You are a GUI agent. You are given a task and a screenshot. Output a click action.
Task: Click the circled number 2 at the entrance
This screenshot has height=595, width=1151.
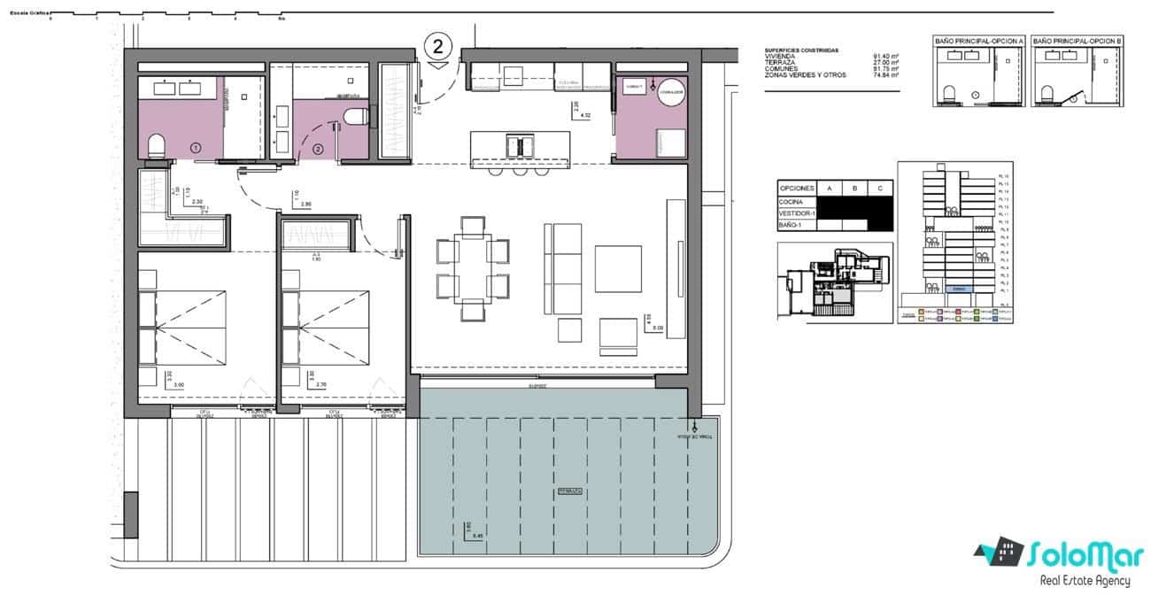coord(437,44)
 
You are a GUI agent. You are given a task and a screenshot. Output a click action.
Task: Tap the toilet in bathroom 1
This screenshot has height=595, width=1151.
coord(156,145)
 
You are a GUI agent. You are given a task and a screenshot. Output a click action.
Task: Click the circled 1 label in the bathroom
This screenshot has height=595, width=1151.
coord(195,147)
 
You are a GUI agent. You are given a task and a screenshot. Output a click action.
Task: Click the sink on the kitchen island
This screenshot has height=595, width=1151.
coord(520,143)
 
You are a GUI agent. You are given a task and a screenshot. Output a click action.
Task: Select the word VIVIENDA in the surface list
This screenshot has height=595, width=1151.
coord(781,57)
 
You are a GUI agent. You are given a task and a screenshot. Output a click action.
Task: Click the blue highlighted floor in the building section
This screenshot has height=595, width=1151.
coord(958,289)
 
